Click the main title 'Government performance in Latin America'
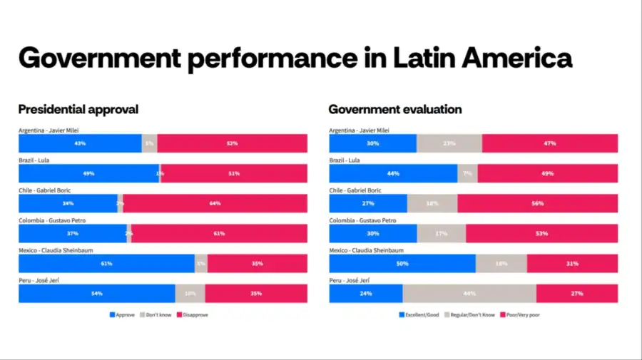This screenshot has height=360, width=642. pos(295,58)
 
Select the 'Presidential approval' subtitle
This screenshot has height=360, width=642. pos(78,109)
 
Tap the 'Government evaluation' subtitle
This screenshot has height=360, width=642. pos(394,109)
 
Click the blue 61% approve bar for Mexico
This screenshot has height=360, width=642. pos(106,264)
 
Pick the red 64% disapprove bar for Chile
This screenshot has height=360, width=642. pos(215,203)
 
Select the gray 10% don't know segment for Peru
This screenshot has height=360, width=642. pos(190,294)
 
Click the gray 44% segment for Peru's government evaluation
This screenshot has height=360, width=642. pos(469,294)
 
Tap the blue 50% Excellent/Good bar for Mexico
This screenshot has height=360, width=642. pos(402,264)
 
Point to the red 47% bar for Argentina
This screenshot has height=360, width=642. pos(549,143)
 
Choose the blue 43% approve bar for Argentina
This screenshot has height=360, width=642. pos(80,143)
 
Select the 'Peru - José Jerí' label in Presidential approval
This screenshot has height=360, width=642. pos(39,280)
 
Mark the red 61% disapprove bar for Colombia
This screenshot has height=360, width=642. pos(219,234)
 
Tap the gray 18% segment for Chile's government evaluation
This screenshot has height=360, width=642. pos(432,203)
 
